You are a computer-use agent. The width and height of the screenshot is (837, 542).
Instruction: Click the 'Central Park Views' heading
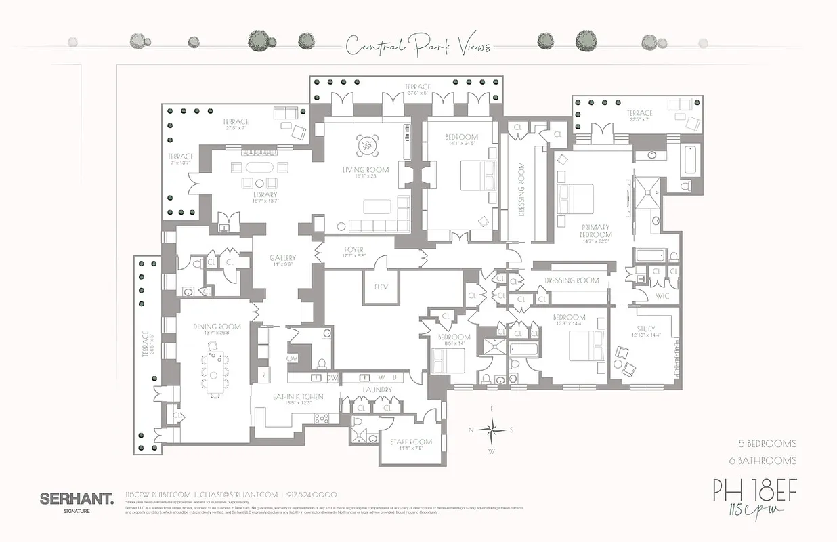[x=418, y=46]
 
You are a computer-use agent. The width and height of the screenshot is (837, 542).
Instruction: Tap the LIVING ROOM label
[x=366, y=170]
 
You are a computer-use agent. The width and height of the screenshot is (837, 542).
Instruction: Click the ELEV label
[x=381, y=286]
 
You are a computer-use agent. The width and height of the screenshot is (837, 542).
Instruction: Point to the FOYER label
[x=353, y=249]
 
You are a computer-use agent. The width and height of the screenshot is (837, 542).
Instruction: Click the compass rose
[x=492, y=429]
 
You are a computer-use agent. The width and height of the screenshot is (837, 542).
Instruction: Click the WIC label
[x=662, y=296]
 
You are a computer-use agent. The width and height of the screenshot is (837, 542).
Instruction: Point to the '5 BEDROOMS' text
[x=767, y=444]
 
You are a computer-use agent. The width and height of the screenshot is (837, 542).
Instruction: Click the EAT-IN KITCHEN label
[x=299, y=396]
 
